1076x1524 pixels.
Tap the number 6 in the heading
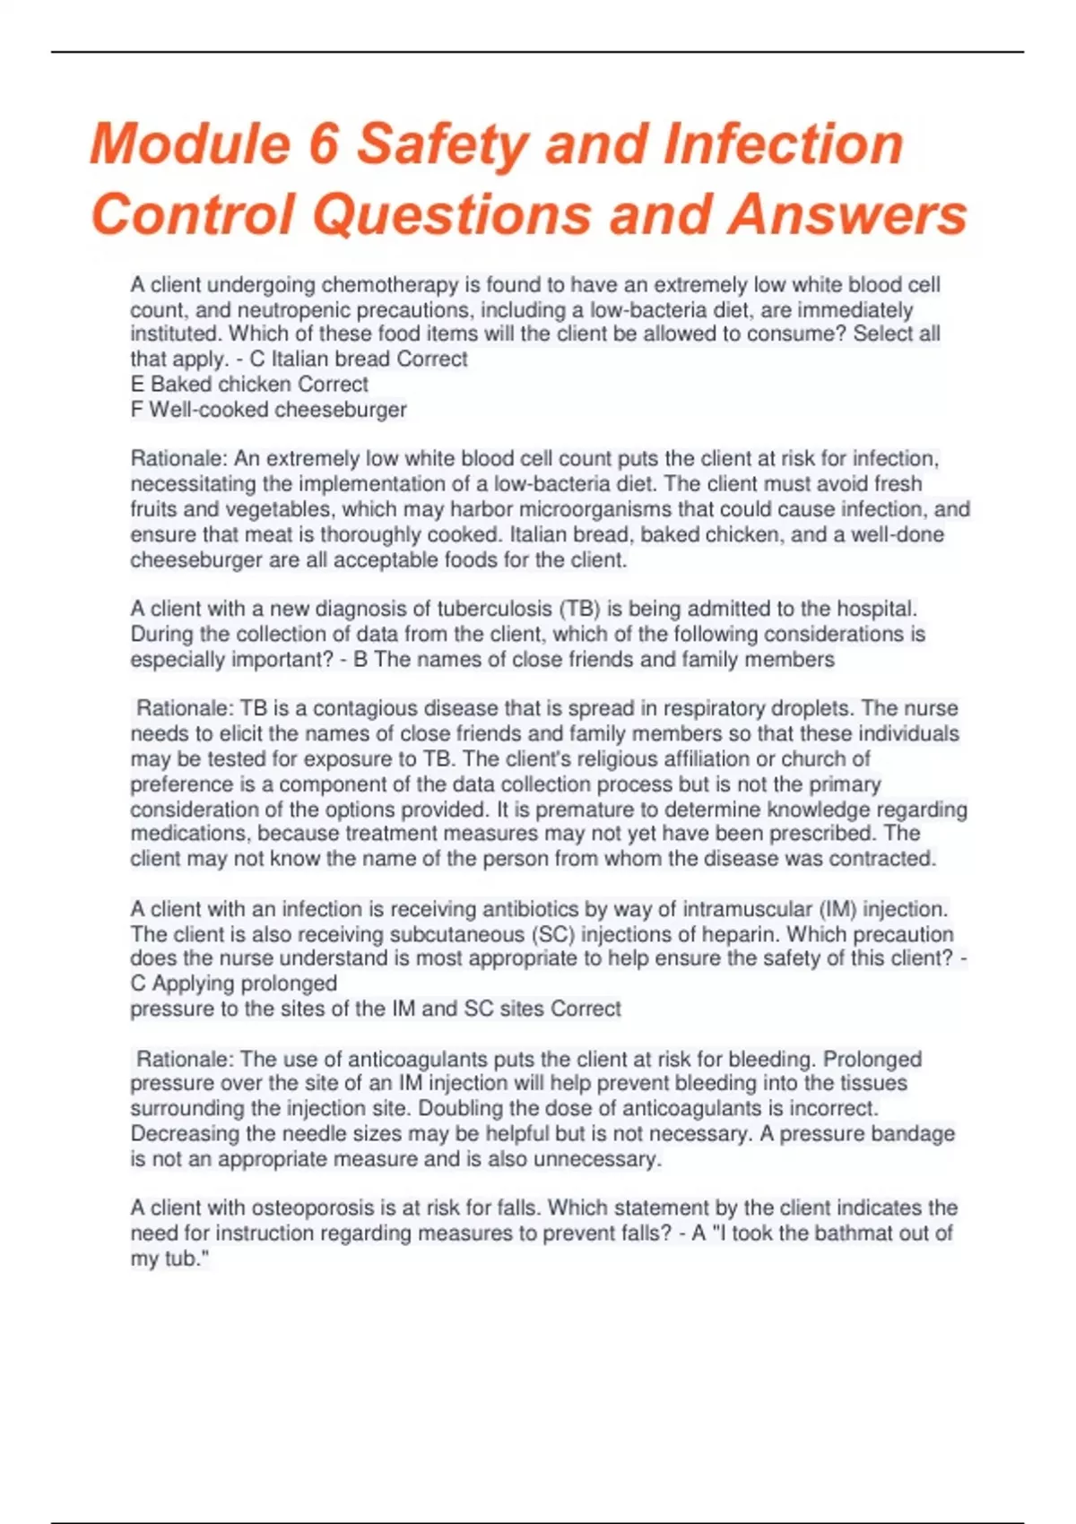click(x=323, y=144)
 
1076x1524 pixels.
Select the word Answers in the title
click(x=847, y=215)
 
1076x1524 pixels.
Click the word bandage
click(x=913, y=1133)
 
